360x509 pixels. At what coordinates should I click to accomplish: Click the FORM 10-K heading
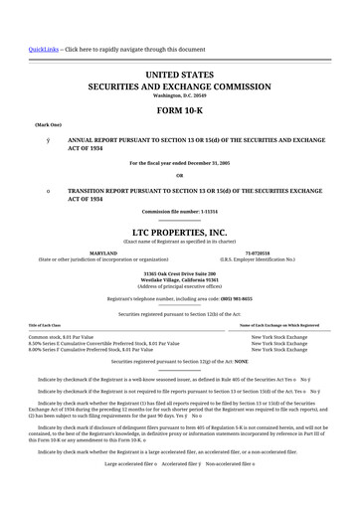(x=180, y=111)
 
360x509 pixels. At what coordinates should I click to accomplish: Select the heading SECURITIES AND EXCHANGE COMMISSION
(x=180, y=85)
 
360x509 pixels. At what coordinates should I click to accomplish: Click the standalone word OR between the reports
(x=180, y=175)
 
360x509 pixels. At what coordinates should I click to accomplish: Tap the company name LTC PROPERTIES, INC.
(x=180, y=231)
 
